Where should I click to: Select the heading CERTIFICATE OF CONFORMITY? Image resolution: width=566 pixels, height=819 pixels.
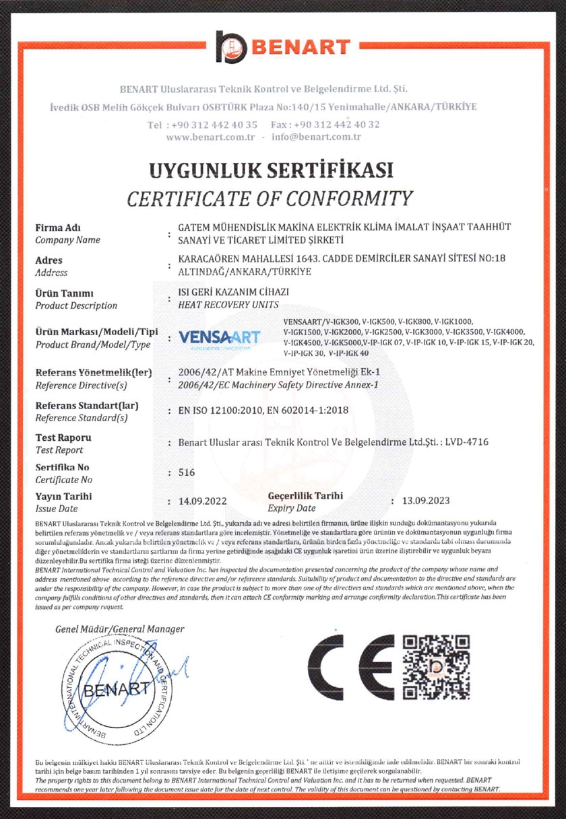click(x=270, y=198)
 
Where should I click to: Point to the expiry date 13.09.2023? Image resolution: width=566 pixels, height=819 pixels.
click(x=425, y=501)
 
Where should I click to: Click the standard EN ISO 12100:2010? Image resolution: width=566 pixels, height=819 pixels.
click(x=220, y=410)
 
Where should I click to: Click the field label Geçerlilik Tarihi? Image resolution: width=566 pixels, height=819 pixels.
click(x=305, y=496)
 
